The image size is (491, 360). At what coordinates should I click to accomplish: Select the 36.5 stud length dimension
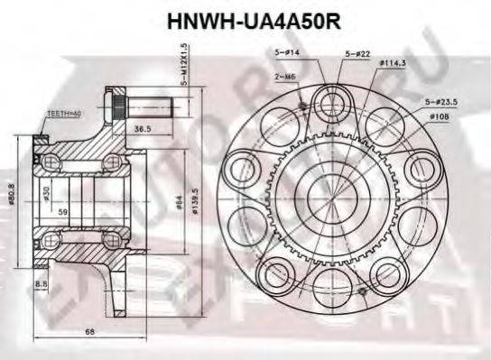(x=142, y=129)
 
